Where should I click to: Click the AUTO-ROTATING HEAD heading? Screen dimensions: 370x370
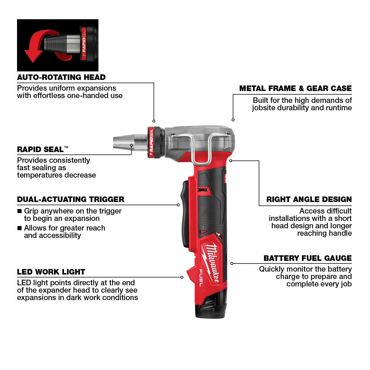[x=61, y=77]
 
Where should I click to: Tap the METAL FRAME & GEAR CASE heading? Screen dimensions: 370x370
[x=295, y=88]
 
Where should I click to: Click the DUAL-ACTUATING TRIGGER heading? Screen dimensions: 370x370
[x=70, y=199]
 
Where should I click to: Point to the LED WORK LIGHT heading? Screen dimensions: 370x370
[x=51, y=272]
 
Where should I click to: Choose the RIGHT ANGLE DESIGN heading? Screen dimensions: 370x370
[x=309, y=199]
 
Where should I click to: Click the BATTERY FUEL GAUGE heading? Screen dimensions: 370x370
[x=307, y=258]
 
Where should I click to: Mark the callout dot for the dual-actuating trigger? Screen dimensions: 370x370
[x=178, y=205]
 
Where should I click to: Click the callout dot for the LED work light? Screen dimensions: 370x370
[x=182, y=277]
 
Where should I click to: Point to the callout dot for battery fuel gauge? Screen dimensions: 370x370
[x=232, y=263]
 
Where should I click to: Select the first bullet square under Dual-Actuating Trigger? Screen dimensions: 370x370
[x=20, y=211]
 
